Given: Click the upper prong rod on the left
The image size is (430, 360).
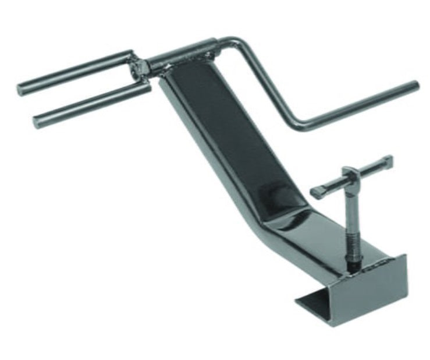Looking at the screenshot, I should click(76, 72).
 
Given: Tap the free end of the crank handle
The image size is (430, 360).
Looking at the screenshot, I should click(414, 86).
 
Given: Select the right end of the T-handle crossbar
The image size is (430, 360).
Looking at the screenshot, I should click(389, 160).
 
